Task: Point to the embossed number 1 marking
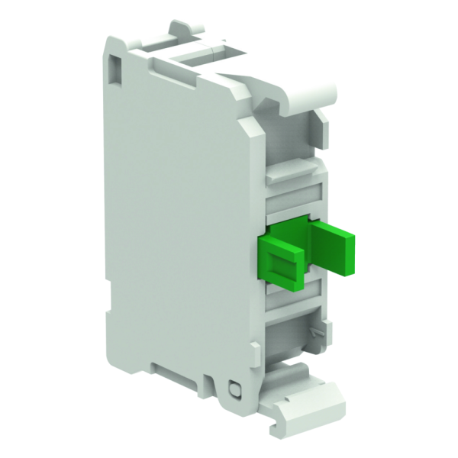pos(314,334)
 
